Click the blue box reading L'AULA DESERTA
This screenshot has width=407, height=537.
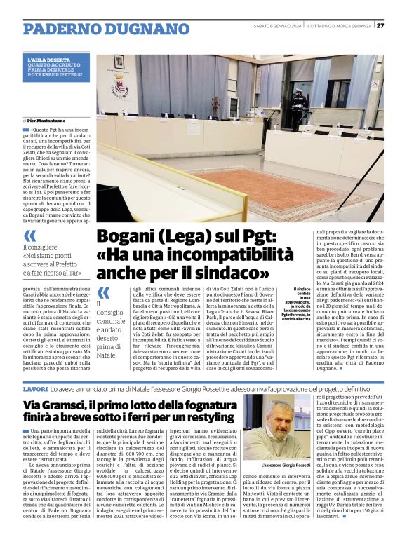coord(57,67)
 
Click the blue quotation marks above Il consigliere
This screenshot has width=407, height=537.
coord(29,235)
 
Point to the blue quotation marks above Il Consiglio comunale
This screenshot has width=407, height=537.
coord(104,292)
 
